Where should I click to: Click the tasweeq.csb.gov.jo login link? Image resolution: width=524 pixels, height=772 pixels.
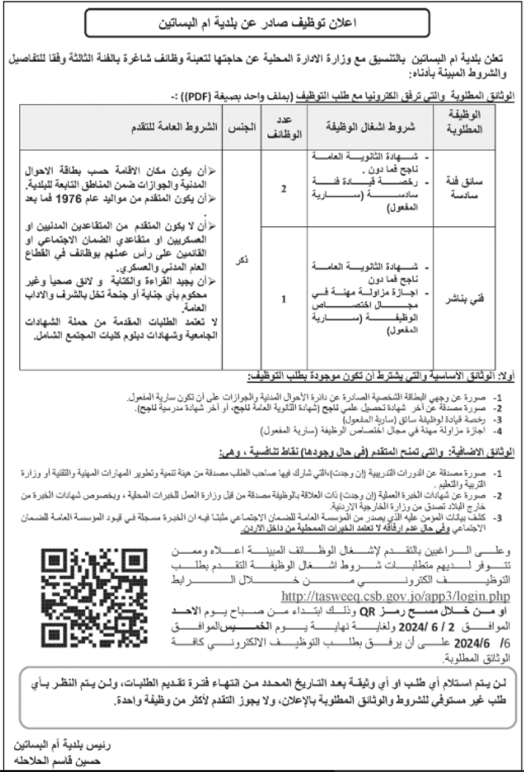point(396,596)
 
